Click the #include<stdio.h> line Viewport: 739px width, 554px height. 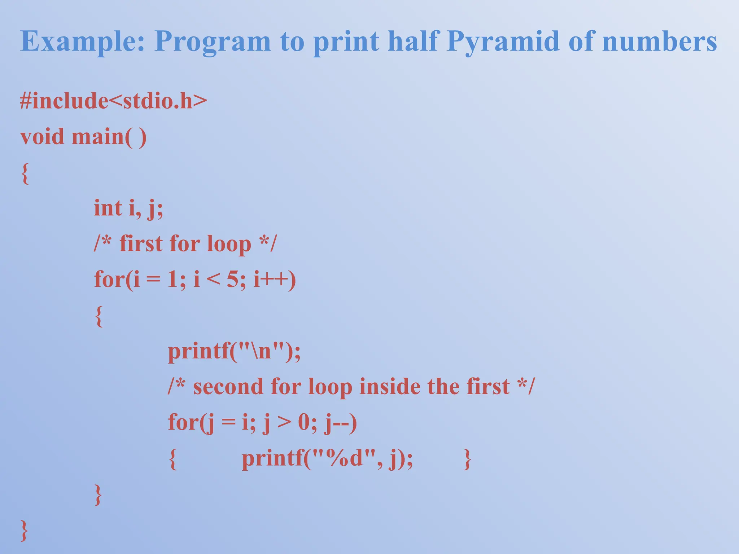(x=113, y=101)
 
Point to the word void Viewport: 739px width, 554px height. (x=42, y=137)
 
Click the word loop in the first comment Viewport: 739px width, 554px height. (x=229, y=244)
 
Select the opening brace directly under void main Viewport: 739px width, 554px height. (x=25, y=173)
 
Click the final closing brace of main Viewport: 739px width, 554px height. (x=24, y=530)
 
